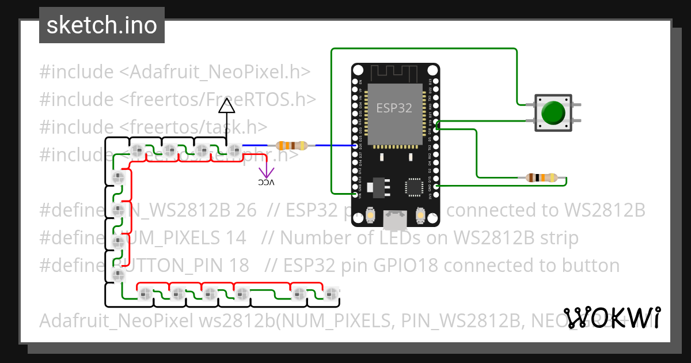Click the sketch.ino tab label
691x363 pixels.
coord(101,25)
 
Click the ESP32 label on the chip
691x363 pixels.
coord(394,108)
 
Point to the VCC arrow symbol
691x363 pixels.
coord(266,172)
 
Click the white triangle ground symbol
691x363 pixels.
coord(227,105)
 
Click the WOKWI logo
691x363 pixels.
coord(612,318)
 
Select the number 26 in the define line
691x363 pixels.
coord(246,210)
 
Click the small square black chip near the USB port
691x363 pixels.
coord(415,187)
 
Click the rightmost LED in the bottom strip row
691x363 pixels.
coord(331,294)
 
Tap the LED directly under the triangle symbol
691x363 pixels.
coord(234,152)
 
